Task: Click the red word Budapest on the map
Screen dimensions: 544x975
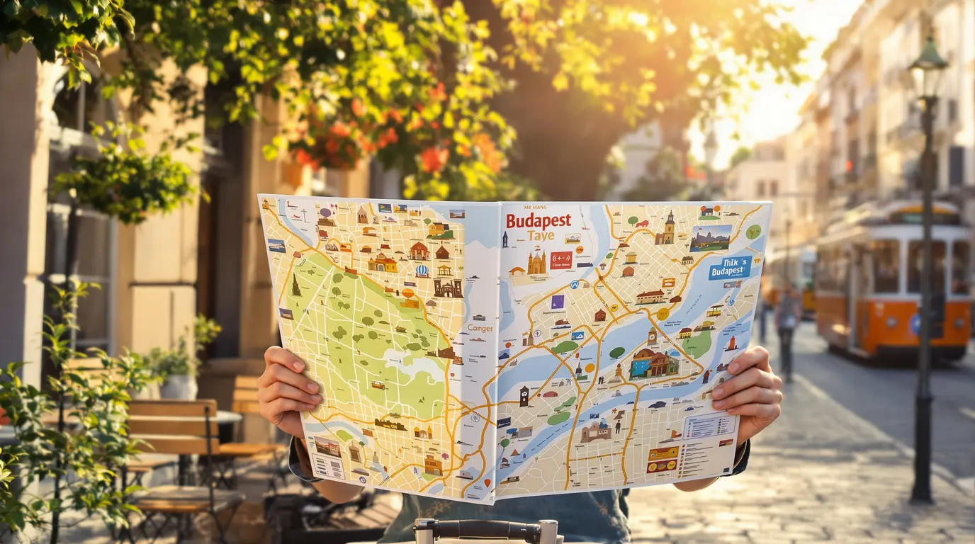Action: click(x=539, y=220)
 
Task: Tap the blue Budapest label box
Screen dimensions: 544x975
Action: click(x=730, y=268)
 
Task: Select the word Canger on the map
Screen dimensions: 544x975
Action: click(x=480, y=328)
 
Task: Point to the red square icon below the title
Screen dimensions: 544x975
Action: click(x=561, y=260)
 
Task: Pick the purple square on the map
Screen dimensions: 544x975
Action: click(x=557, y=302)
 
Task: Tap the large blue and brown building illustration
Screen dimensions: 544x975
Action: click(x=653, y=364)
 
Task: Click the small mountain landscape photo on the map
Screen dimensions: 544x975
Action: click(x=710, y=239)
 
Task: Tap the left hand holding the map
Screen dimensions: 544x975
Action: click(x=287, y=390)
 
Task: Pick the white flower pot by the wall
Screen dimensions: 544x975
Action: click(x=178, y=387)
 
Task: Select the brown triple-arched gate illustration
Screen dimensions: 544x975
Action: click(x=448, y=288)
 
